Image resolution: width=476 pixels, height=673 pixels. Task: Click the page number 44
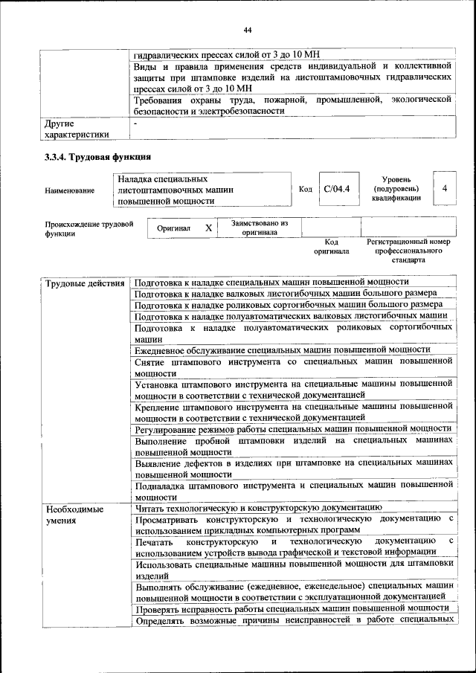(248, 30)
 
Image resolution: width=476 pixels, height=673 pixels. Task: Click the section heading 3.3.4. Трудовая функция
(98, 157)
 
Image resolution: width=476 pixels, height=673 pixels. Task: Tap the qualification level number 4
(444, 189)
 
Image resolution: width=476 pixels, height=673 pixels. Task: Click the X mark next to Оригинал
(208, 228)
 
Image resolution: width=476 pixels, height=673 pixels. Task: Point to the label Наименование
(70, 190)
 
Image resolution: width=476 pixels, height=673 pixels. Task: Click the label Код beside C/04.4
(305, 190)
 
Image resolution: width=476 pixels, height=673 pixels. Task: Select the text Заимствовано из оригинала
(260, 228)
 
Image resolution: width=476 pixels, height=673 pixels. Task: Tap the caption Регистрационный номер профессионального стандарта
(408, 251)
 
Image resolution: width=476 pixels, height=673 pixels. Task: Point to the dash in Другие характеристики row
(135, 123)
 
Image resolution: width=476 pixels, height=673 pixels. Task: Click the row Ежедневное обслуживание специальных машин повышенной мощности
(283, 349)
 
